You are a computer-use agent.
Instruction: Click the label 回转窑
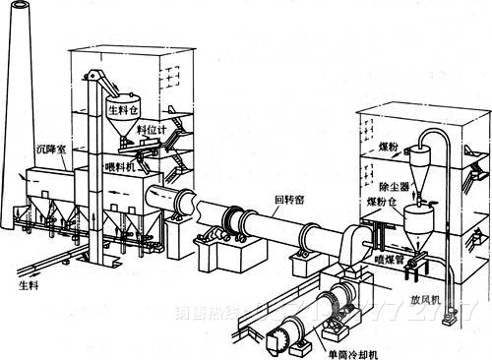point(291,200)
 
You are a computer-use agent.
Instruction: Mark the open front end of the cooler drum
point(283,337)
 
